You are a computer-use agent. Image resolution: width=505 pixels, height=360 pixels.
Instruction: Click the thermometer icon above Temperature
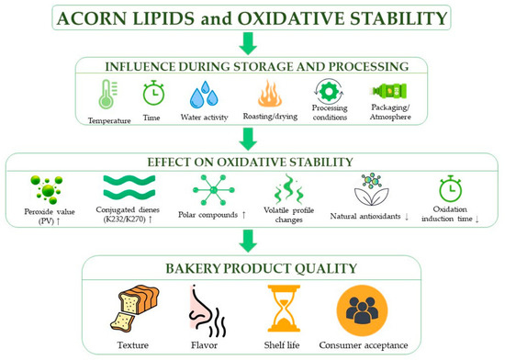(x=107, y=95)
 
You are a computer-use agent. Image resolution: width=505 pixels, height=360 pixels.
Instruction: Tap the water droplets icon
(x=204, y=95)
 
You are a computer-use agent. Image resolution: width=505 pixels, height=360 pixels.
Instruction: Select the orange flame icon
(x=270, y=94)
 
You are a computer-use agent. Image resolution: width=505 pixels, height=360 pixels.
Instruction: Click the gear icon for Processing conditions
(x=329, y=92)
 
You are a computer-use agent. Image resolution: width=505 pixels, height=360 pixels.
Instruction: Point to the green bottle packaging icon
(x=389, y=91)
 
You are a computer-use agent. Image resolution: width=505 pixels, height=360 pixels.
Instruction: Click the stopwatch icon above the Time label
(x=153, y=93)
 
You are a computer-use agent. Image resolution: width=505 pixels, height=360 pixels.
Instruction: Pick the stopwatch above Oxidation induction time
(x=450, y=188)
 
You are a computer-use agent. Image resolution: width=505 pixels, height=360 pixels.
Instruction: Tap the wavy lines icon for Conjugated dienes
(x=129, y=186)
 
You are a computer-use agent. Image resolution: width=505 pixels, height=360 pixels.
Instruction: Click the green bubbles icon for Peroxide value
(x=48, y=190)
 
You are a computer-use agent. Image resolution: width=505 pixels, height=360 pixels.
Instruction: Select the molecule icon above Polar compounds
(x=214, y=190)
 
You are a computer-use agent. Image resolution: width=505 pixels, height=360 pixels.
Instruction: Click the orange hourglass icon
(x=284, y=309)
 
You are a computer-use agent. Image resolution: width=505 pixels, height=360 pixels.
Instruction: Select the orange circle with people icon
(x=362, y=310)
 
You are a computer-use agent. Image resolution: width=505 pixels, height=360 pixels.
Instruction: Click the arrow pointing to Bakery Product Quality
(x=248, y=241)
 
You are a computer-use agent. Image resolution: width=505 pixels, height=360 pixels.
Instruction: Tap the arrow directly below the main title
(x=248, y=44)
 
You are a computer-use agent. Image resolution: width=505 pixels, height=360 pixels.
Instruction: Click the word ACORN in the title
(x=92, y=18)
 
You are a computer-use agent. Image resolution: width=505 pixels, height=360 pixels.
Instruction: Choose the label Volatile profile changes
(x=288, y=215)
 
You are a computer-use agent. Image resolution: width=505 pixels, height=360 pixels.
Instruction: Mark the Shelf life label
(x=282, y=345)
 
